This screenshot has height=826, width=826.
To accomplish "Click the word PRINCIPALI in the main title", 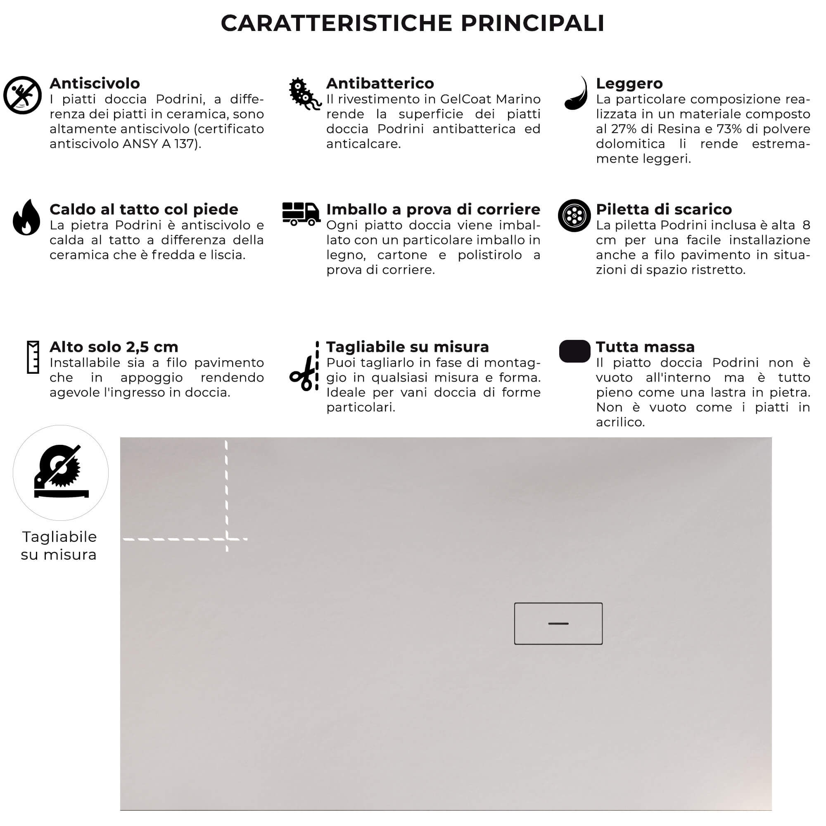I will click(x=532, y=23).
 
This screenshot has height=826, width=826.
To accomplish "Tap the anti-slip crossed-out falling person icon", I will click(x=22, y=95).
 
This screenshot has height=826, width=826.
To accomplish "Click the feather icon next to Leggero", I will click(x=576, y=94).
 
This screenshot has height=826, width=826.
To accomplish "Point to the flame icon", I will click(x=26, y=218).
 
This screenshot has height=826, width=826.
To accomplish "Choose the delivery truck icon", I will click(x=301, y=214).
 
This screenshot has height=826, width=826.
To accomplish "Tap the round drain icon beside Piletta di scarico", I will click(x=574, y=216).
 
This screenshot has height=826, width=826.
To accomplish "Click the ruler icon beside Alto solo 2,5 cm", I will click(x=33, y=357).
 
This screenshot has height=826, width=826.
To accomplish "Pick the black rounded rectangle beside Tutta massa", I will click(x=574, y=351).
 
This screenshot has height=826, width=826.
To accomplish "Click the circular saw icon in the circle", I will click(x=61, y=472).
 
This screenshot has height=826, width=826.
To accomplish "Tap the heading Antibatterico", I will click(x=380, y=83).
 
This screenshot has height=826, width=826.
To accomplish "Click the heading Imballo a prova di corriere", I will click(x=433, y=209).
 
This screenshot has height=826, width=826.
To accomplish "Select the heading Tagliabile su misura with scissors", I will click(x=407, y=347).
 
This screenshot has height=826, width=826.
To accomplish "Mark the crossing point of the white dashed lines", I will click(x=227, y=539).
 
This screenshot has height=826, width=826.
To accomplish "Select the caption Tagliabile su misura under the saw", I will click(x=59, y=546).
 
